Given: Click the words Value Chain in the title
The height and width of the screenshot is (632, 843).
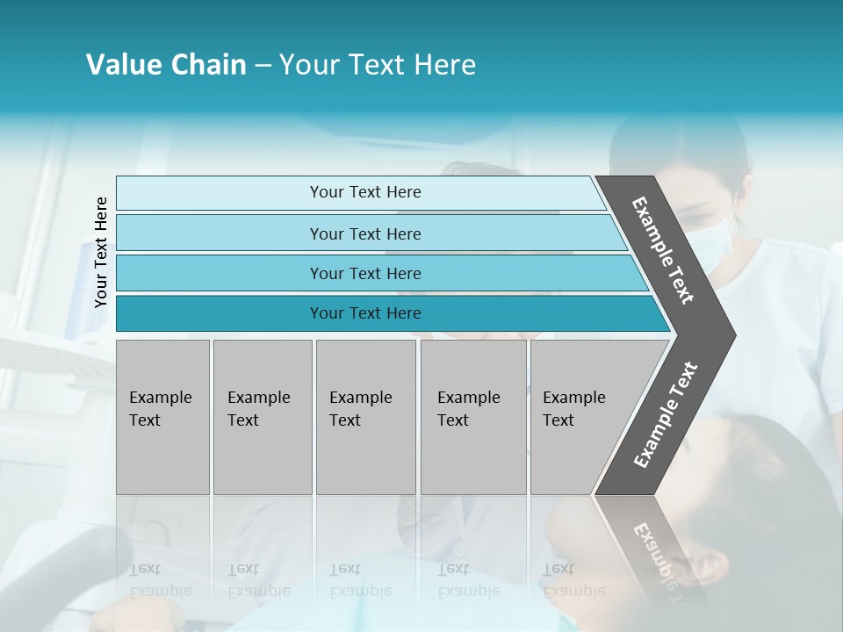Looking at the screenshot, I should click(166, 65).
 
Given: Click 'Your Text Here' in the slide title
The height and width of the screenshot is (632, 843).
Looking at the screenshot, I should click(378, 65).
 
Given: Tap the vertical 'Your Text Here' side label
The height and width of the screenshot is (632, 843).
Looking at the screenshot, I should click(101, 252).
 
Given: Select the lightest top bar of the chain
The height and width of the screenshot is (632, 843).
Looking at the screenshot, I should click(364, 192).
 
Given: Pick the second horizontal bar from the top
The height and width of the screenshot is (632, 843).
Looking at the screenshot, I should click(364, 233).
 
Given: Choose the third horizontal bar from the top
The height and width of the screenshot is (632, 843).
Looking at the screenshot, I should click(364, 273).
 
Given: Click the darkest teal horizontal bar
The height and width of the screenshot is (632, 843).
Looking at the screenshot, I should click(364, 313).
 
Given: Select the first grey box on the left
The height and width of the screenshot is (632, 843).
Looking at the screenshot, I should click(162, 417).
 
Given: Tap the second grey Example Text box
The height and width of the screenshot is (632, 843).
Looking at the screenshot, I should click(262, 417).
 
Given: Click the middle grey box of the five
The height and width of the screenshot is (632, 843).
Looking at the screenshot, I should click(365, 417).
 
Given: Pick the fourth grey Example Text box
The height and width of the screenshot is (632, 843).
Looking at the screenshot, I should click(472, 417).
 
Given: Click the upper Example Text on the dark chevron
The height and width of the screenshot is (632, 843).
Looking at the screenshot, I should click(663, 250).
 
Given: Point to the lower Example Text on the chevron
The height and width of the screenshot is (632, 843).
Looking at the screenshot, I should click(665, 415).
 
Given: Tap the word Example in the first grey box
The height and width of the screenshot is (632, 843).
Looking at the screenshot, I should click(160, 398).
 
